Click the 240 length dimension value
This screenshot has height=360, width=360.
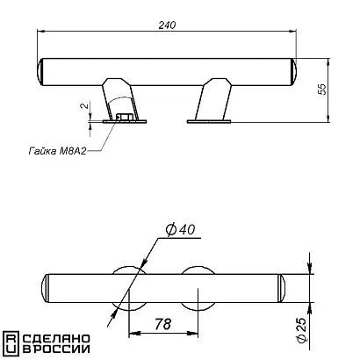click(x=167, y=25)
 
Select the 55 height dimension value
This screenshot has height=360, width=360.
click(x=322, y=90)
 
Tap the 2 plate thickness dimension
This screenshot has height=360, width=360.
click(x=84, y=105)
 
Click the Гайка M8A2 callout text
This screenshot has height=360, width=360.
click(x=57, y=151)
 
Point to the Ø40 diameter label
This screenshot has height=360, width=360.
click(x=180, y=230)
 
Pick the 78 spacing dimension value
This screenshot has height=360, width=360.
click(x=162, y=324)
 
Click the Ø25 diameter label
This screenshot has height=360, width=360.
click(x=302, y=329)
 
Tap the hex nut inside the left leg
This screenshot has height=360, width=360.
click(x=123, y=117)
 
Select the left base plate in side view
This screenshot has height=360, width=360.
click(x=125, y=121)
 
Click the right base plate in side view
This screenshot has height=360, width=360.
click(x=209, y=121)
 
